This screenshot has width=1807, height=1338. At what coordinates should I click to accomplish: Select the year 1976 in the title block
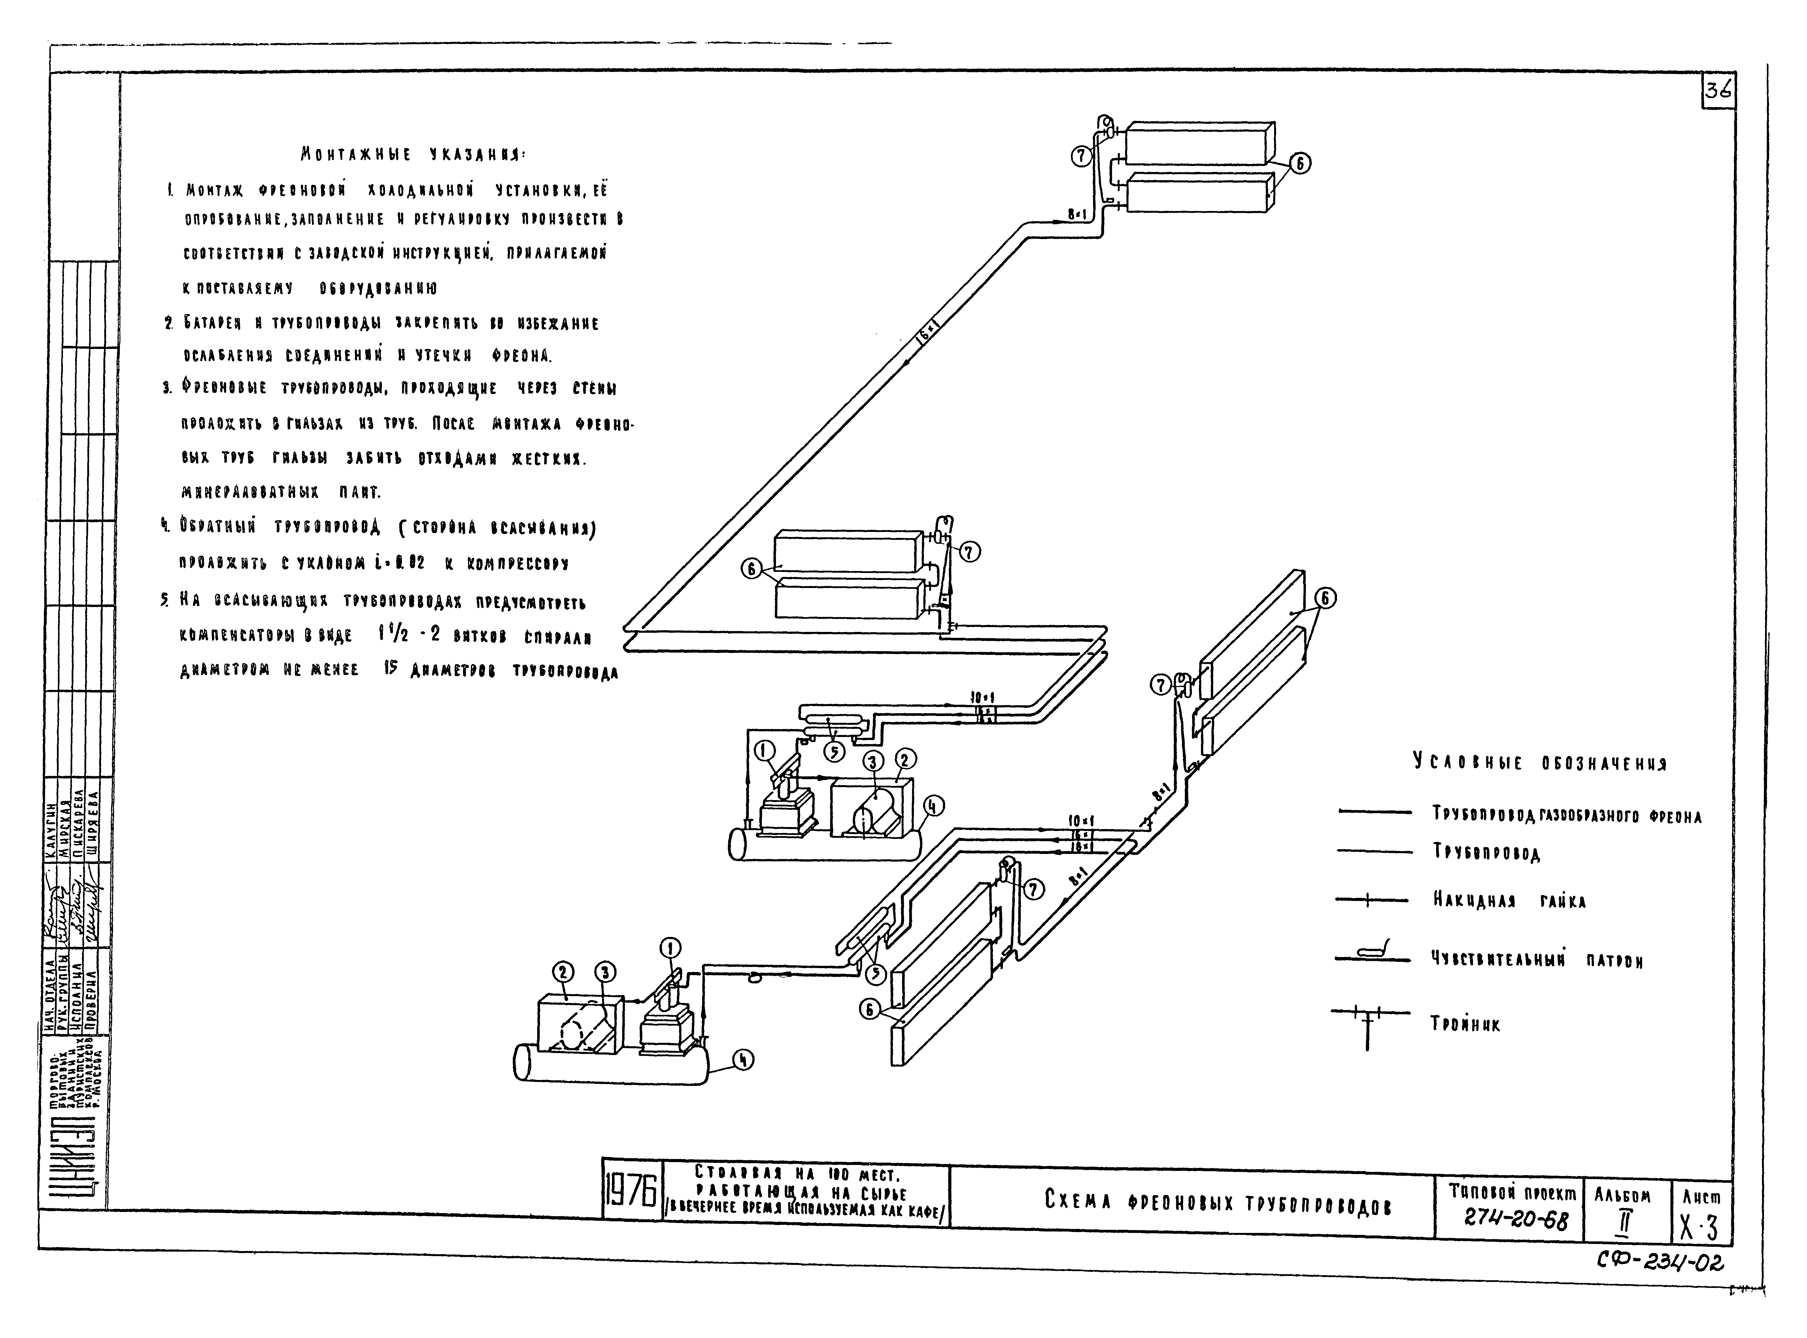click(632, 1196)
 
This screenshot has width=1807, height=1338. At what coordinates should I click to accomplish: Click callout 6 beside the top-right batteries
click(1300, 163)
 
